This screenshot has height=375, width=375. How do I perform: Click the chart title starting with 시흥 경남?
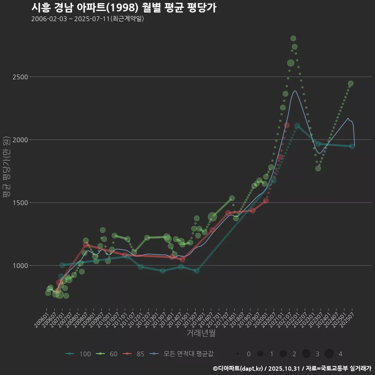pyautogui.click(x=123, y=8)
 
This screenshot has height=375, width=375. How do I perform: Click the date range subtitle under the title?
pyautogui.click(x=87, y=19)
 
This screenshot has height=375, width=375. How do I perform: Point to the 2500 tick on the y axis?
pyautogui.click(x=20, y=77)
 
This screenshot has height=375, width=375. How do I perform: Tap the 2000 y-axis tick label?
pyautogui.click(x=20, y=140)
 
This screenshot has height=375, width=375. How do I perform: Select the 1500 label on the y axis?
pyautogui.click(x=20, y=203)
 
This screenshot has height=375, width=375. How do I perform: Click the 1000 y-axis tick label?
pyautogui.click(x=20, y=266)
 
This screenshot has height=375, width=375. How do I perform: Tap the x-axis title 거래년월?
pyautogui.click(x=201, y=333)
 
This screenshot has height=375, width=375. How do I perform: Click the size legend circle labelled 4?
pyautogui.click(x=329, y=354)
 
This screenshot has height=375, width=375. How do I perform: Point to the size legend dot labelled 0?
pyautogui.click(x=237, y=354)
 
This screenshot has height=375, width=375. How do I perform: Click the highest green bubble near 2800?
pyautogui.click(x=293, y=38)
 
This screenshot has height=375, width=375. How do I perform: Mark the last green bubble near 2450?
pyautogui.click(x=351, y=84)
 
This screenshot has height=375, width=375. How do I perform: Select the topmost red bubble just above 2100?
pyautogui.click(x=287, y=125)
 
